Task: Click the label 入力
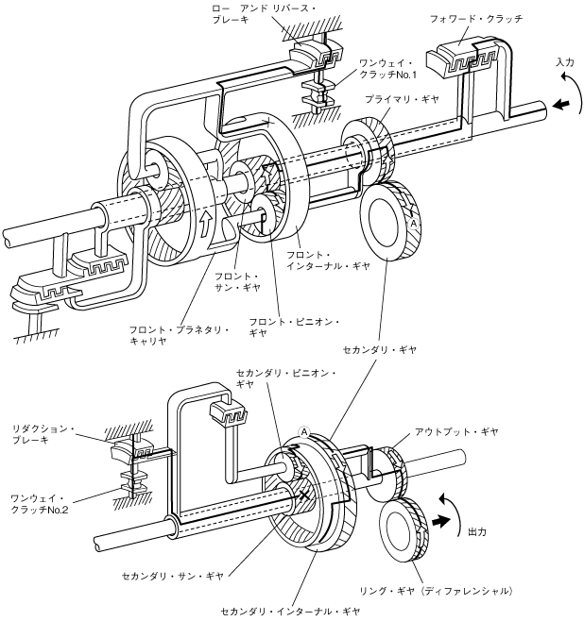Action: coord(565,61)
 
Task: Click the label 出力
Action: coord(478,531)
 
